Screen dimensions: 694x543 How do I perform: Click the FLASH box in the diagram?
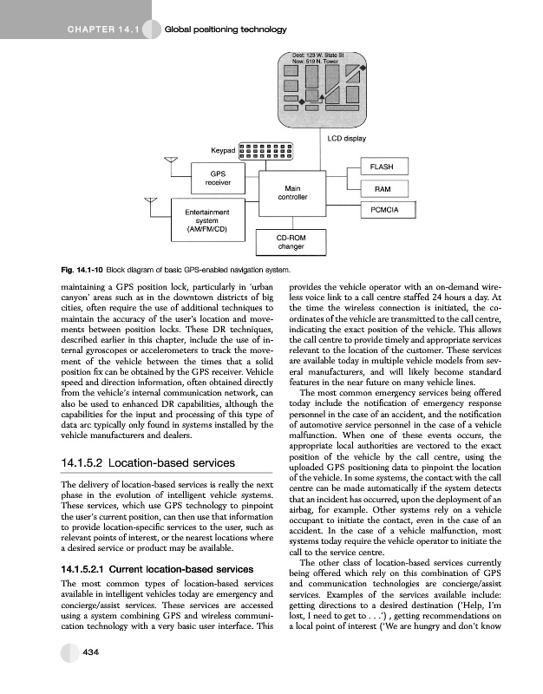pyautogui.click(x=382, y=167)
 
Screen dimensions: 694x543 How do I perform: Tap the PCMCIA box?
pyautogui.click(x=383, y=211)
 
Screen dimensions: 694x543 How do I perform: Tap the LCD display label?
pyautogui.click(x=346, y=138)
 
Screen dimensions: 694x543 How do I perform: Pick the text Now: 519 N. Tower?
pyautogui.click(x=315, y=62)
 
